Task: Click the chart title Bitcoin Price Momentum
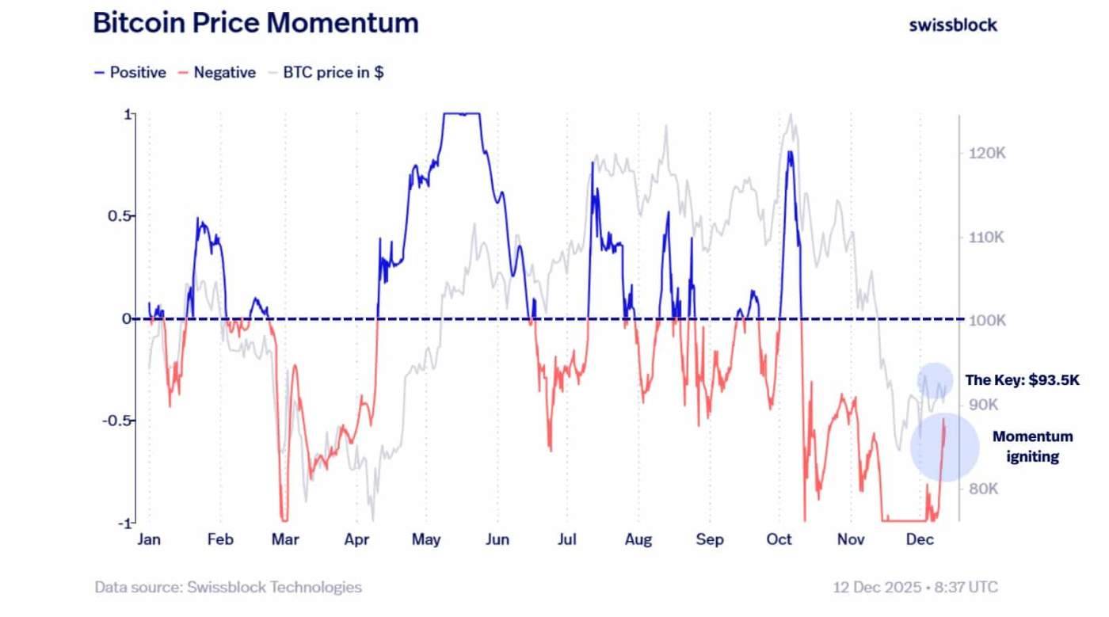tap(255, 23)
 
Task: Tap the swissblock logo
tap(953, 25)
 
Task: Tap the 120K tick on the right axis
tap(987, 153)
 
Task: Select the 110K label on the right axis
tap(987, 238)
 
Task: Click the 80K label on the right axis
tap(982, 489)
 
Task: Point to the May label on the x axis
tap(426, 540)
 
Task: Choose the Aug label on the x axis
tap(638, 540)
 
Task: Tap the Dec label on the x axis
tap(919, 540)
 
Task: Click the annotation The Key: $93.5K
tap(1022, 380)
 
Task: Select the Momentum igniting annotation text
tap(1032, 447)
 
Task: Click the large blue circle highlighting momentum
tap(944, 448)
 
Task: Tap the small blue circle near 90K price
tap(935, 381)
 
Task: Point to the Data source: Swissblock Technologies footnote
tap(228, 588)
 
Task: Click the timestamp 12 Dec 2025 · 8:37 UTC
tap(915, 588)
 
